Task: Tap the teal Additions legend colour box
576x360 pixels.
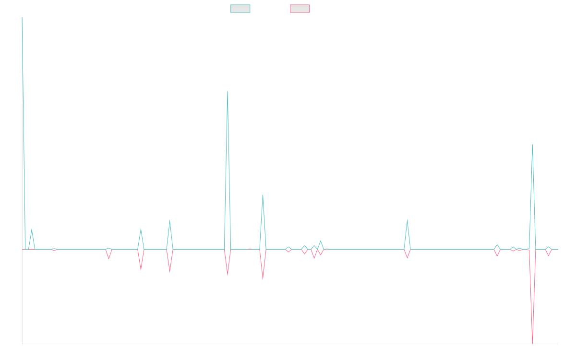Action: click(240, 9)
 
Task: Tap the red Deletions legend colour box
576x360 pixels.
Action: click(300, 9)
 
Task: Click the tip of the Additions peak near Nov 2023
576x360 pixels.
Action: click(228, 91)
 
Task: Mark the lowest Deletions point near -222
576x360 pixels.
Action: click(532, 343)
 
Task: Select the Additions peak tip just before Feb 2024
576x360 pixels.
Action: click(263, 194)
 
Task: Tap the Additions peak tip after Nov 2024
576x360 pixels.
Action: click(407, 220)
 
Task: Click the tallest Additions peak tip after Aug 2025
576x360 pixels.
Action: click(532, 144)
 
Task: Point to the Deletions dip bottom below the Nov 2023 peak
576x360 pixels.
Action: click(228, 276)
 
